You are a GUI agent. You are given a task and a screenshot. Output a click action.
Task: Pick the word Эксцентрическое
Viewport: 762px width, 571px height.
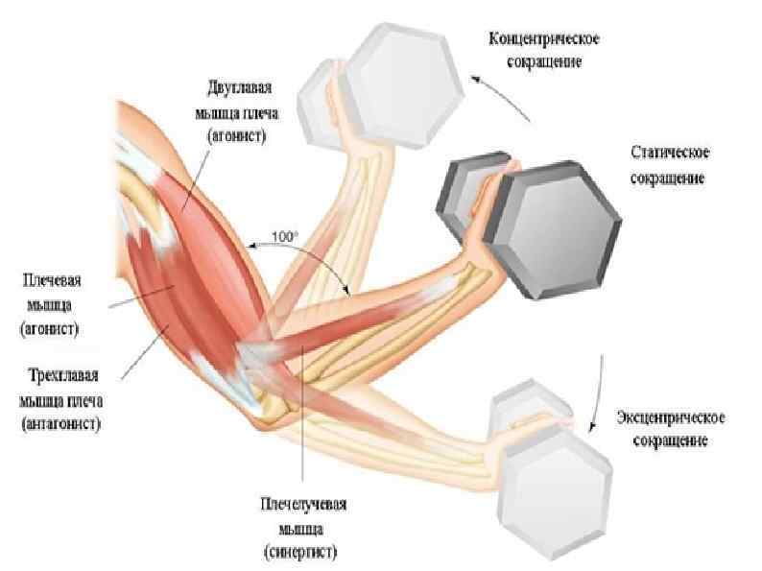click(670, 418)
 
